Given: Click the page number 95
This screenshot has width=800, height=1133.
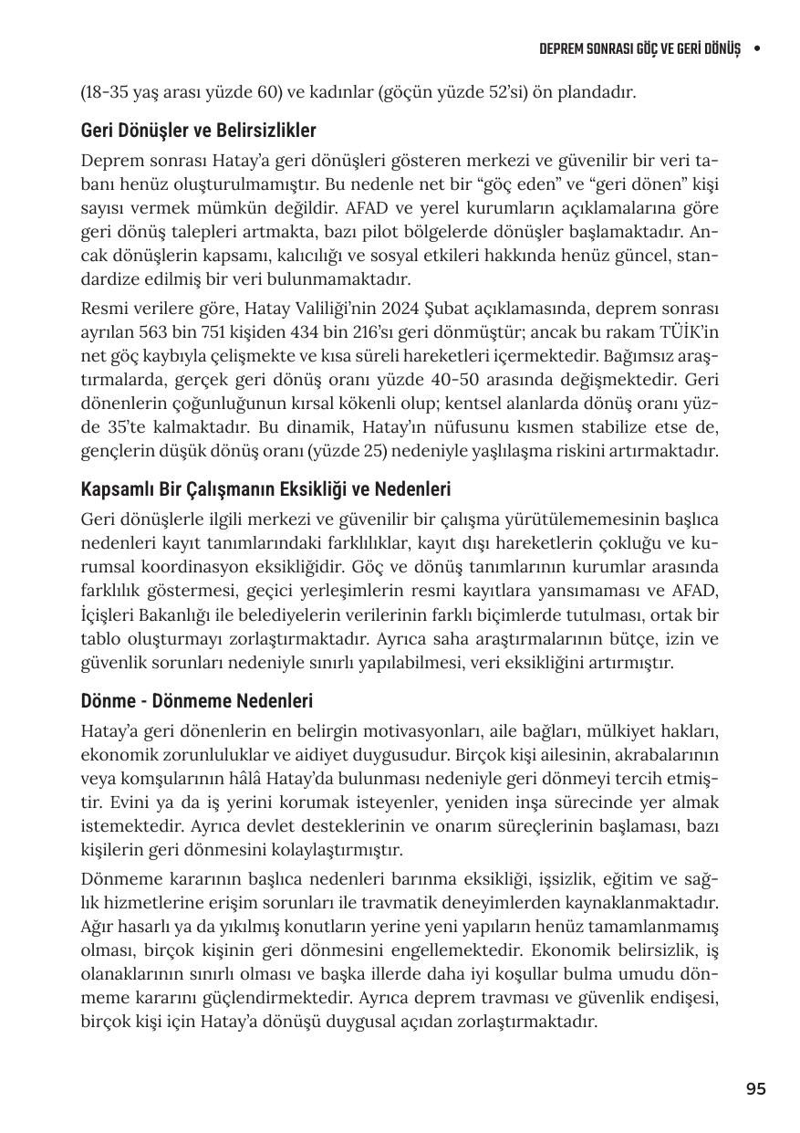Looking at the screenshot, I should click(755, 1088).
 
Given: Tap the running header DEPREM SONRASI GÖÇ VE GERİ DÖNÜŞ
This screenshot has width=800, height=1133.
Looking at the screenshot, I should click(639, 48).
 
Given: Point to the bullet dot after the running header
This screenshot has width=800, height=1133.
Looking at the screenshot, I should click(757, 48).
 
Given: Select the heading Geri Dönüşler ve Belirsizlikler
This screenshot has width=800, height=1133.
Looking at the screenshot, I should click(198, 131).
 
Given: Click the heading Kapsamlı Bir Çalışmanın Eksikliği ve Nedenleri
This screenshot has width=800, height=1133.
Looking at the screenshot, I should click(265, 489).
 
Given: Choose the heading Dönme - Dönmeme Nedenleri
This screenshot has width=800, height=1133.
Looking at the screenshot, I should click(196, 701).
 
